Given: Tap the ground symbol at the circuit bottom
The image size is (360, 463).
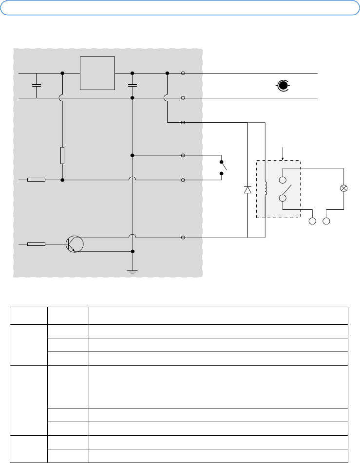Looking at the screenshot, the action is coord(133,271).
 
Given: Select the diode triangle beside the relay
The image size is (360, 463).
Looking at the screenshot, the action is coord(247,190).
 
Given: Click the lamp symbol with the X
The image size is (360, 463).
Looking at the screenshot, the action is coord(344,188).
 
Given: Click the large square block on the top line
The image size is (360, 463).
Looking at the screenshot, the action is coord(97,73).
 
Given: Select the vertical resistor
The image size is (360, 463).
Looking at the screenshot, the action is coord(62,156).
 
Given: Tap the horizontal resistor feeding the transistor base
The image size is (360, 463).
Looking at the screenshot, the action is coord(36,243).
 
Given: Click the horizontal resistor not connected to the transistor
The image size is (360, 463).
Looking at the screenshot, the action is coord(36,180).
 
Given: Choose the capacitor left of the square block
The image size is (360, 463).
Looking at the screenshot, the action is coord(36,85).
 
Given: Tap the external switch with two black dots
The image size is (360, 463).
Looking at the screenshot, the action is coord(223,167).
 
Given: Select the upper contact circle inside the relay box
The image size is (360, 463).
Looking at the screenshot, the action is coord(283,180).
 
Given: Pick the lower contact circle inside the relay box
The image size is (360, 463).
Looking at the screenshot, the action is coord(283,198).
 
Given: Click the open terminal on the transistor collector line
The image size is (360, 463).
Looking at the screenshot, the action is coord(183,238).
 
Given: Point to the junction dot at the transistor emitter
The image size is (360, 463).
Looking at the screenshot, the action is coord(133,251).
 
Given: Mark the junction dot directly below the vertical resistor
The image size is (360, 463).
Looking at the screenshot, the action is coord(62,180).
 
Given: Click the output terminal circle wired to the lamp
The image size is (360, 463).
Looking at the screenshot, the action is coord(328,222).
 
